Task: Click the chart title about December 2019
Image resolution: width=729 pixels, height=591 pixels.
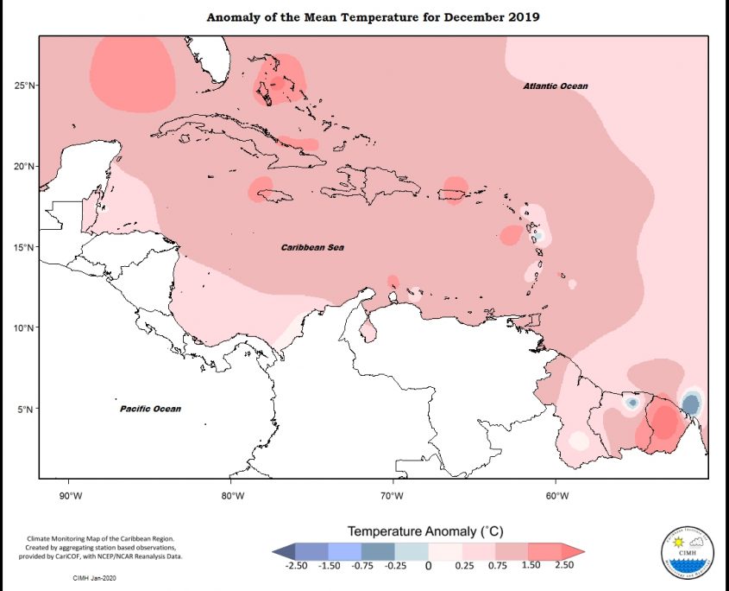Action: pos(373,17)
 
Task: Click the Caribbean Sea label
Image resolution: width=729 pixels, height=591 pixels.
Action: pos(312,247)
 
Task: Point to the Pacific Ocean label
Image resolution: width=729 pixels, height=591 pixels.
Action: pos(150,409)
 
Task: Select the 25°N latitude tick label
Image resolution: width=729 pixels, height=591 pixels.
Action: pos(23,86)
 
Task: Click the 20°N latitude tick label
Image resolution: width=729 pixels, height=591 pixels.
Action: pos(23,167)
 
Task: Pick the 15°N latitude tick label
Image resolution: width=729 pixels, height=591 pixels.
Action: pos(23,247)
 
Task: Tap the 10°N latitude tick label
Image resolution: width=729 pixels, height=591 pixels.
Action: pos(23,328)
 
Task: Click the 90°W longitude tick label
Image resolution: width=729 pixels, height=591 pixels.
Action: pos(70,496)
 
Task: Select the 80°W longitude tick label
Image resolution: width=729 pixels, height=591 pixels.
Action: pos(232,496)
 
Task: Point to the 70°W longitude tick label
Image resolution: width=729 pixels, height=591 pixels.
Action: pos(393,496)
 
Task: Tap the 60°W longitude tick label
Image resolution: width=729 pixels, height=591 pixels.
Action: pos(556,496)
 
